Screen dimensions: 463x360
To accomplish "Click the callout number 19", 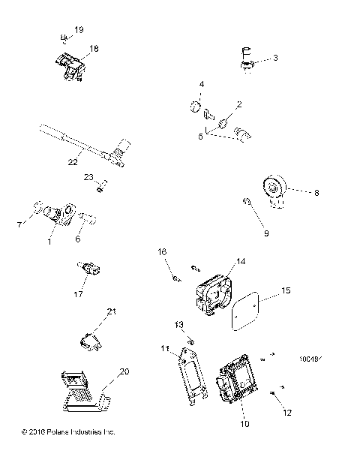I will [79, 29].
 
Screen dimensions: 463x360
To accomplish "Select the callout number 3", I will [275, 57].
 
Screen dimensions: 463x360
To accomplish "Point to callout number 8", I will [316, 193].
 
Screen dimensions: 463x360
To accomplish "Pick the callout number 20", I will [124, 371].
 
